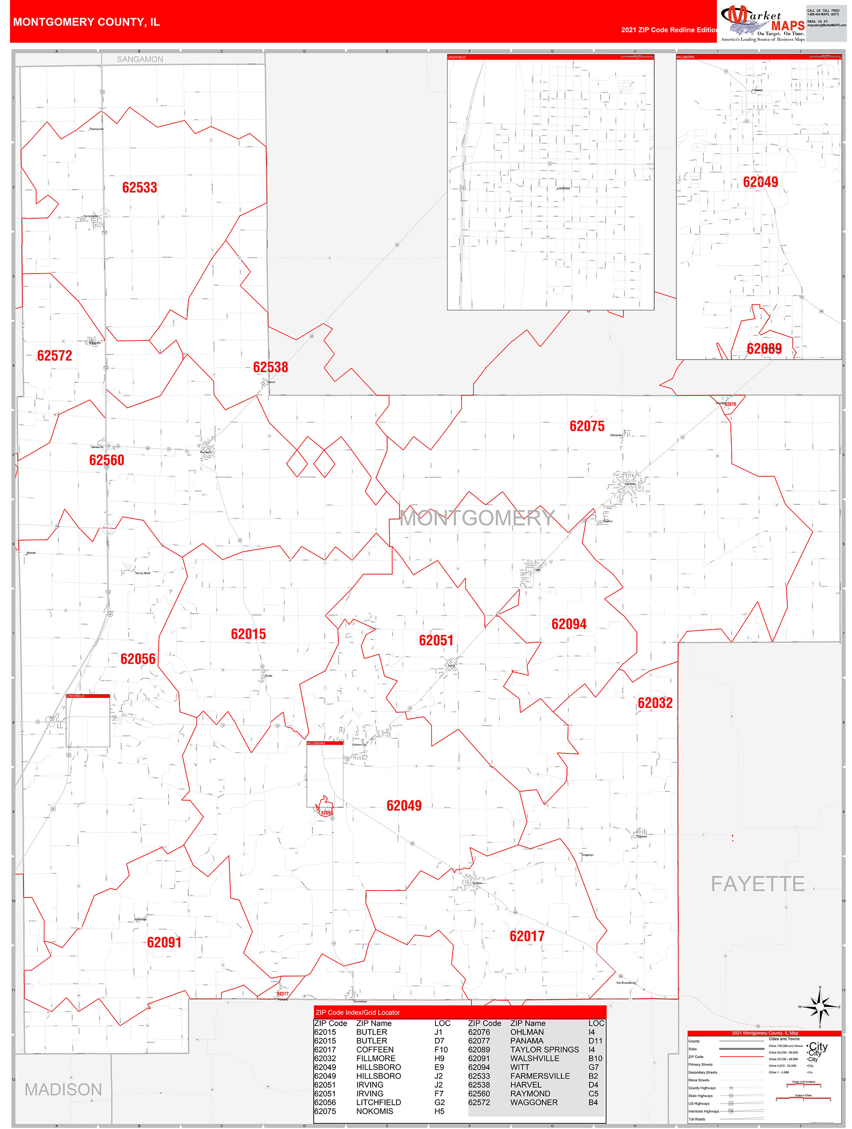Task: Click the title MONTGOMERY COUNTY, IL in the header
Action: pyautogui.click(x=86, y=22)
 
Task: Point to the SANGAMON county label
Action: pyautogui.click(x=140, y=59)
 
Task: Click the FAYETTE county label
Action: pyautogui.click(x=758, y=884)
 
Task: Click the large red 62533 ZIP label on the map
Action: pyautogui.click(x=139, y=187)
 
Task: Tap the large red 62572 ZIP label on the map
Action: pyautogui.click(x=55, y=356)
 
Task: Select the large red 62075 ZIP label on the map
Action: pyautogui.click(x=587, y=426)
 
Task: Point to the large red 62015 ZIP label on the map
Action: pyautogui.click(x=248, y=634)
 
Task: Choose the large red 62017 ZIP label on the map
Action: pyautogui.click(x=527, y=936)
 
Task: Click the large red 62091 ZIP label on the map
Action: pyautogui.click(x=164, y=942)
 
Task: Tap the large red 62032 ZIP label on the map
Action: pyautogui.click(x=655, y=703)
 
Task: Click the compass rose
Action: pyautogui.click(x=819, y=1007)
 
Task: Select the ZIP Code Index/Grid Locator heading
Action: pyautogui.click(x=358, y=1012)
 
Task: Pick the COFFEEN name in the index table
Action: pyautogui.click(x=375, y=1050)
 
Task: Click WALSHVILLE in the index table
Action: pyautogui.click(x=534, y=1059)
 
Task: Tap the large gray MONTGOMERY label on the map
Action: pyautogui.click(x=477, y=518)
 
